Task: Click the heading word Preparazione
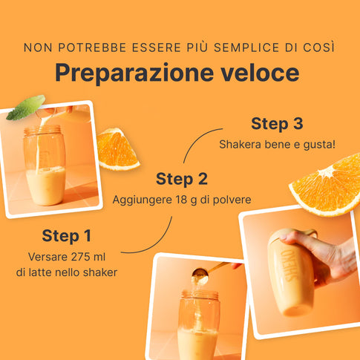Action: pyautogui.click(x=134, y=73)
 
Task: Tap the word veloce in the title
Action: pyautogui.click(x=260, y=73)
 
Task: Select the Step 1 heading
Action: pyautogui.click(x=67, y=236)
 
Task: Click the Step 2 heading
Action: pyautogui.click(x=182, y=179)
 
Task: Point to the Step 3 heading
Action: pyautogui.click(x=277, y=123)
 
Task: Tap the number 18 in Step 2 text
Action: pyautogui.click(x=181, y=200)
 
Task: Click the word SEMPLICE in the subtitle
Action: pyautogui.click(x=246, y=48)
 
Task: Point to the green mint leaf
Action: pyautogui.click(x=27, y=107)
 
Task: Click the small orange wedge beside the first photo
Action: pyautogui.click(x=117, y=149)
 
